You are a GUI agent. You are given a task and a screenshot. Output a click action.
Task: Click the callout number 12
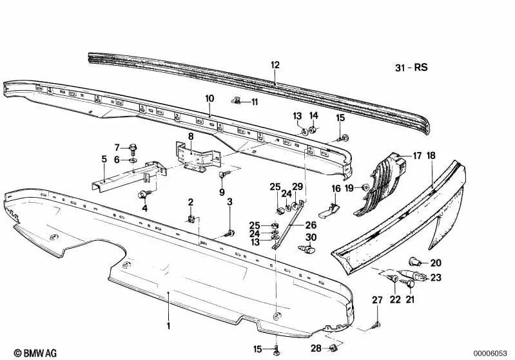tap(275, 65)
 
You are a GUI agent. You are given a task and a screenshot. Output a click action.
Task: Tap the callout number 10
tap(209, 98)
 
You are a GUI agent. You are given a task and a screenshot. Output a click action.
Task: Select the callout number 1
tap(170, 326)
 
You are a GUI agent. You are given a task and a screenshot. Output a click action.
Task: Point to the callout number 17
tap(417, 155)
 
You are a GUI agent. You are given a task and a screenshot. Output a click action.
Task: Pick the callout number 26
tap(311, 225)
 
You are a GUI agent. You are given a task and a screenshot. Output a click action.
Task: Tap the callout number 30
tap(311, 238)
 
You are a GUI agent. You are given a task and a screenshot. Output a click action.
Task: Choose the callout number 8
tap(191, 136)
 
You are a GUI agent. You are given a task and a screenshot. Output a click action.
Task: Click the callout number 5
tap(104, 158)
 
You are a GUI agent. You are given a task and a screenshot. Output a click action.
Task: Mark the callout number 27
tap(378, 301)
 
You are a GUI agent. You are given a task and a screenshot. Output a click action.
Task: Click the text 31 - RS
tap(411, 67)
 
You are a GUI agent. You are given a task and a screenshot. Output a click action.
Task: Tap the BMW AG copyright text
tap(24, 352)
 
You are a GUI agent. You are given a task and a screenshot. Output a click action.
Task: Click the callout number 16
tap(336, 189)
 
